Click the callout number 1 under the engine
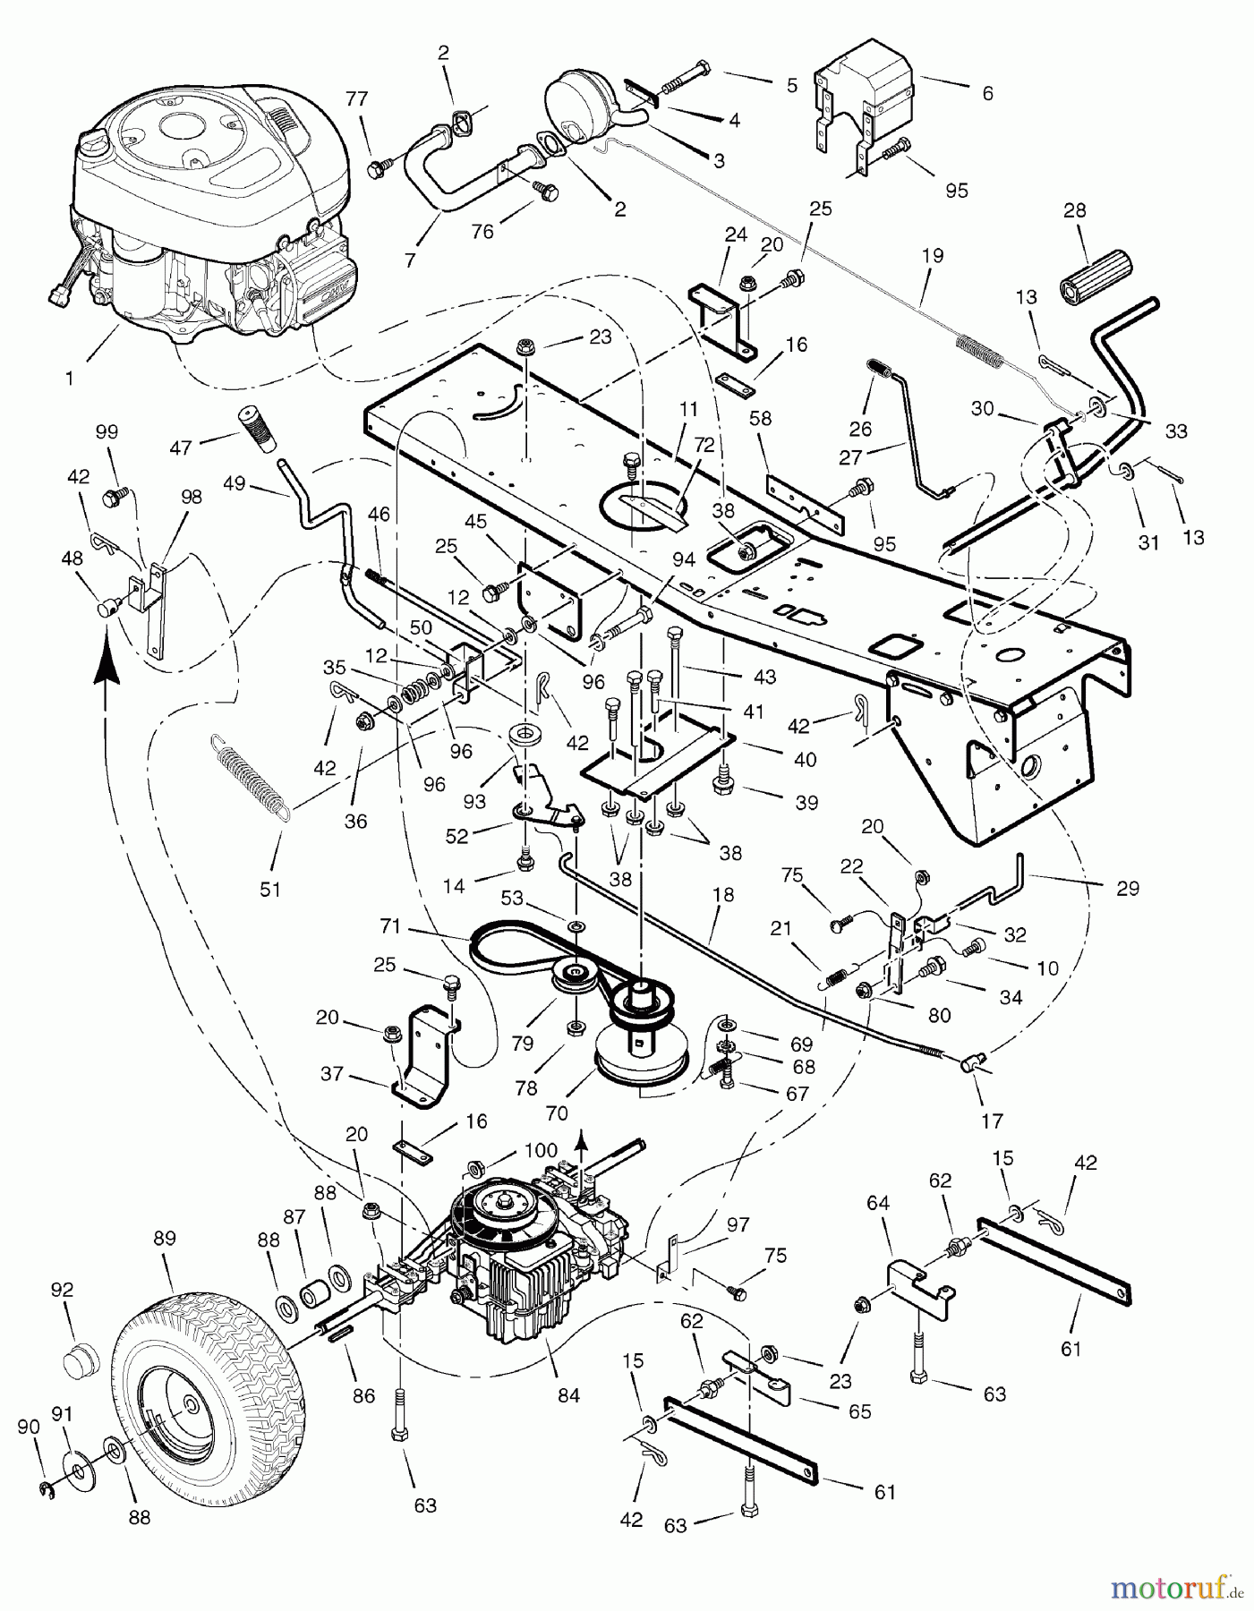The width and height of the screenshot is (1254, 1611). click(69, 378)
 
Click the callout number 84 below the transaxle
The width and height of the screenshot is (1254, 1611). click(567, 1394)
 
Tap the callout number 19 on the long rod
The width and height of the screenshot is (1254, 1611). click(932, 256)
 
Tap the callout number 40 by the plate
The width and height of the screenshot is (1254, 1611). click(805, 759)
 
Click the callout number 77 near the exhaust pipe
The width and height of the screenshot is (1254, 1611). click(357, 99)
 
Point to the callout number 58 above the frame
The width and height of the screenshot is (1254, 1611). click(761, 419)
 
